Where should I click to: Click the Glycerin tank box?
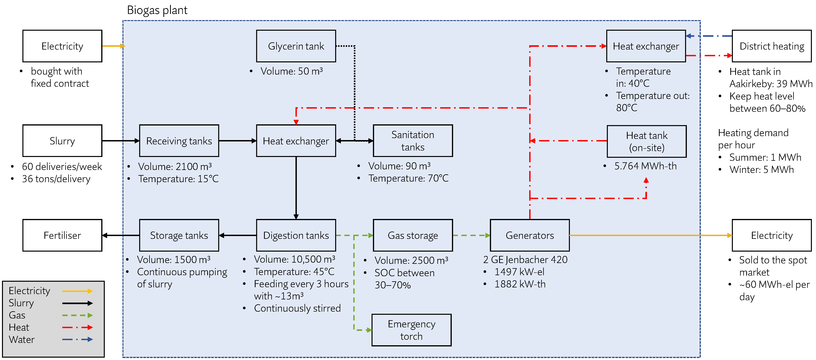pyautogui.click(x=296, y=46)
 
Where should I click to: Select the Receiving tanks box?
pyautogui.click(x=179, y=141)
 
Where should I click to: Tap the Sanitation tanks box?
pyautogui.click(x=413, y=141)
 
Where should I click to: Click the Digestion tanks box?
pyautogui.click(x=296, y=235)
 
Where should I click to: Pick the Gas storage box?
pyautogui.click(x=413, y=235)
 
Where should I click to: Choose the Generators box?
pyautogui.click(x=530, y=235)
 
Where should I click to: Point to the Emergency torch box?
pyautogui.click(x=411, y=330)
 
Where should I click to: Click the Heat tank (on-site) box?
pyautogui.click(x=647, y=141)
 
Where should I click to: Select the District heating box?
pyautogui.click(x=772, y=46)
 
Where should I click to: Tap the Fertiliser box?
pyautogui.click(x=62, y=235)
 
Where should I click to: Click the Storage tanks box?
pyautogui.click(x=179, y=235)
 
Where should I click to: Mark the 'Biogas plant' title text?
pyautogui.click(x=157, y=10)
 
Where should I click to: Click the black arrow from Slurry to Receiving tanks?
pyautogui.click(x=120, y=141)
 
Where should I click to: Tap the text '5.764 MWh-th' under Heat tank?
pyautogui.click(x=645, y=166)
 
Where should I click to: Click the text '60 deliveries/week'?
pyautogui.click(x=62, y=166)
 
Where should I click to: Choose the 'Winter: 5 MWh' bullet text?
pyautogui.click(x=762, y=170)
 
